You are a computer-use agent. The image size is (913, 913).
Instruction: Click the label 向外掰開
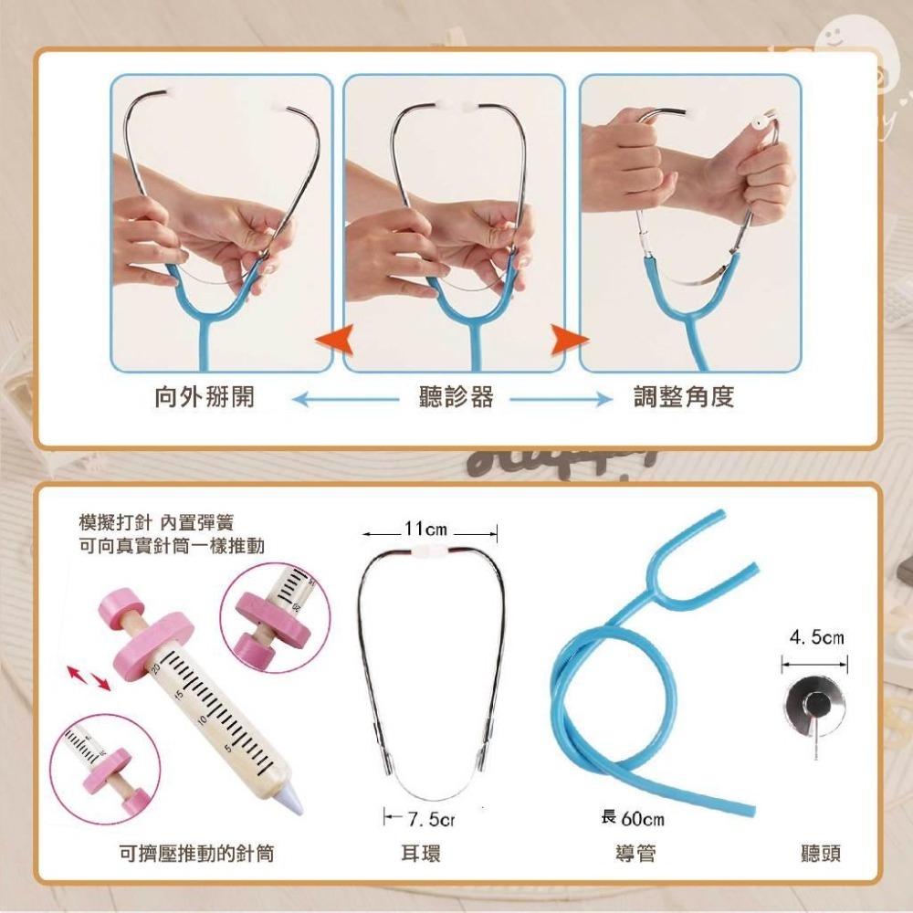tap(205, 397)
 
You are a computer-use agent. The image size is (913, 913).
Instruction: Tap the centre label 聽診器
tap(456, 397)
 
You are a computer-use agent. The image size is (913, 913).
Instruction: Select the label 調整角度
tap(684, 397)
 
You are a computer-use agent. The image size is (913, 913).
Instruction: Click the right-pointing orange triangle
tap(570, 340)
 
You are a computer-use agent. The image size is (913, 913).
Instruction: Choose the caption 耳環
tap(421, 854)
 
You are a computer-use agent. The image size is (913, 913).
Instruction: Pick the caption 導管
tap(635, 854)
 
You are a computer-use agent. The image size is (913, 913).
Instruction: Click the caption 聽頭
tap(819, 854)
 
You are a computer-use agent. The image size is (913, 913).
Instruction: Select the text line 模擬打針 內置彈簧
tap(156, 523)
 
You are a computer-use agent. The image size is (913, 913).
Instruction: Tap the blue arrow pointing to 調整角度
tap(560, 398)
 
